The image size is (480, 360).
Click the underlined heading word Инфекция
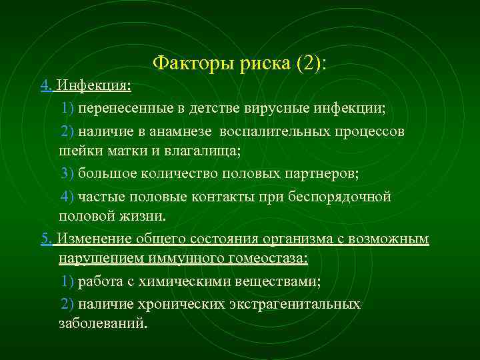pos(94,86)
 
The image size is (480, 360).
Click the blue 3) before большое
pos(67,173)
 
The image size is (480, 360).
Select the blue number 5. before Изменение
pos(45,239)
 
